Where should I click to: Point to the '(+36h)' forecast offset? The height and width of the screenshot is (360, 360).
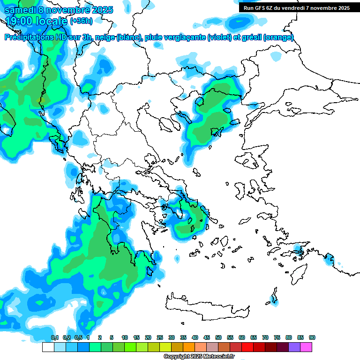pyautogui.click(x=81, y=21)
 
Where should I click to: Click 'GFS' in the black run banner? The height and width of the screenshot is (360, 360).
pyautogui.click(x=259, y=7)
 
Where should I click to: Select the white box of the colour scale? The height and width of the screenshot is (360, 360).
pyautogui.click(x=48, y=347)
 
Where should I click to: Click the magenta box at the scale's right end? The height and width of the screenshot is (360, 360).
pyautogui.click(x=306, y=347)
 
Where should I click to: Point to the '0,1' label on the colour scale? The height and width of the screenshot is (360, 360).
pyautogui.click(x=55, y=338)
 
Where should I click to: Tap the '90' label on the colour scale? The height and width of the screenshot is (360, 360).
pyautogui.click(x=312, y=338)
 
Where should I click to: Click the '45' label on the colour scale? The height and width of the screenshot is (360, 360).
pyautogui.click(x=207, y=338)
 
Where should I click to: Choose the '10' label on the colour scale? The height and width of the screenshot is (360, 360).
pyautogui.click(x=125, y=338)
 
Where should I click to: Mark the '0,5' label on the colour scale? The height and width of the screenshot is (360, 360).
pyautogui.click(x=78, y=338)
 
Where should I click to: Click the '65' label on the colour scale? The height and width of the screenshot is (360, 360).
pyautogui.click(x=254, y=338)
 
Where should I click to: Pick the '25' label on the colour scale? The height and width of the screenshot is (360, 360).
pyautogui.click(x=160, y=338)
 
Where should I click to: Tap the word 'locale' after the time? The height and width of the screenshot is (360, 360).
pyautogui.click(x=52, y=21)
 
